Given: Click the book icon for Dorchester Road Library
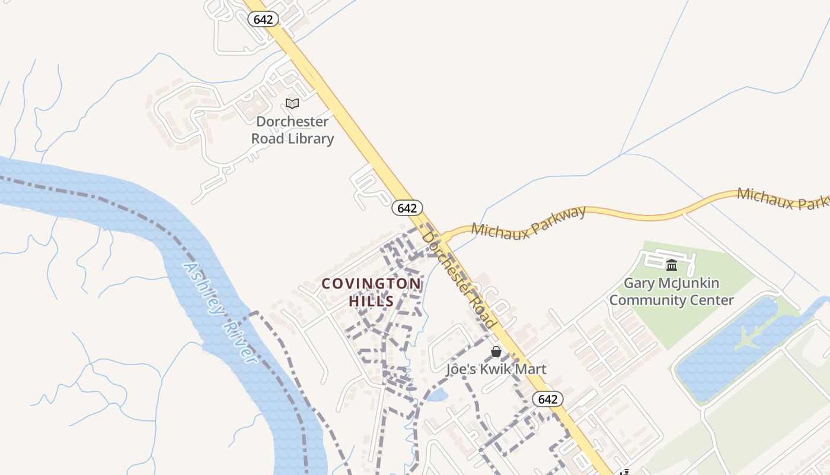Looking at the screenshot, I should [292, 104].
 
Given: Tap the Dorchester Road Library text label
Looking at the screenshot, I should [292, 130].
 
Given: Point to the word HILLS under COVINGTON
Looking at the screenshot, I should [372, 301].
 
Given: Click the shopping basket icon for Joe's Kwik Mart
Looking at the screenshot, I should [496, 352].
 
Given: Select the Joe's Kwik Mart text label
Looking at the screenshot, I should [496, 369].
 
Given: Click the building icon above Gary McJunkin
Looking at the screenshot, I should [672, 265].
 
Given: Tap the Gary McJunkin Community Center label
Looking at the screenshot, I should [672, 292].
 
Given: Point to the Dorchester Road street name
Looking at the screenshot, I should [458, 279].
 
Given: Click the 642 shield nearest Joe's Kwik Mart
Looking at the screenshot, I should [547, 399].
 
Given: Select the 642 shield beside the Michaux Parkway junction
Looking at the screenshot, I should [407, 208].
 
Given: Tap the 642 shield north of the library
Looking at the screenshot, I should [263, 20].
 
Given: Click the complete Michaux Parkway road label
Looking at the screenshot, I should [529, 223].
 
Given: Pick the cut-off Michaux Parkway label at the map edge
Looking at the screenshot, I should [783, 198].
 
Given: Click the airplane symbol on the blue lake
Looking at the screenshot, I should [748, 337].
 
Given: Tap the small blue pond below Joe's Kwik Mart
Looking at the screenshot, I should [438, 395].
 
